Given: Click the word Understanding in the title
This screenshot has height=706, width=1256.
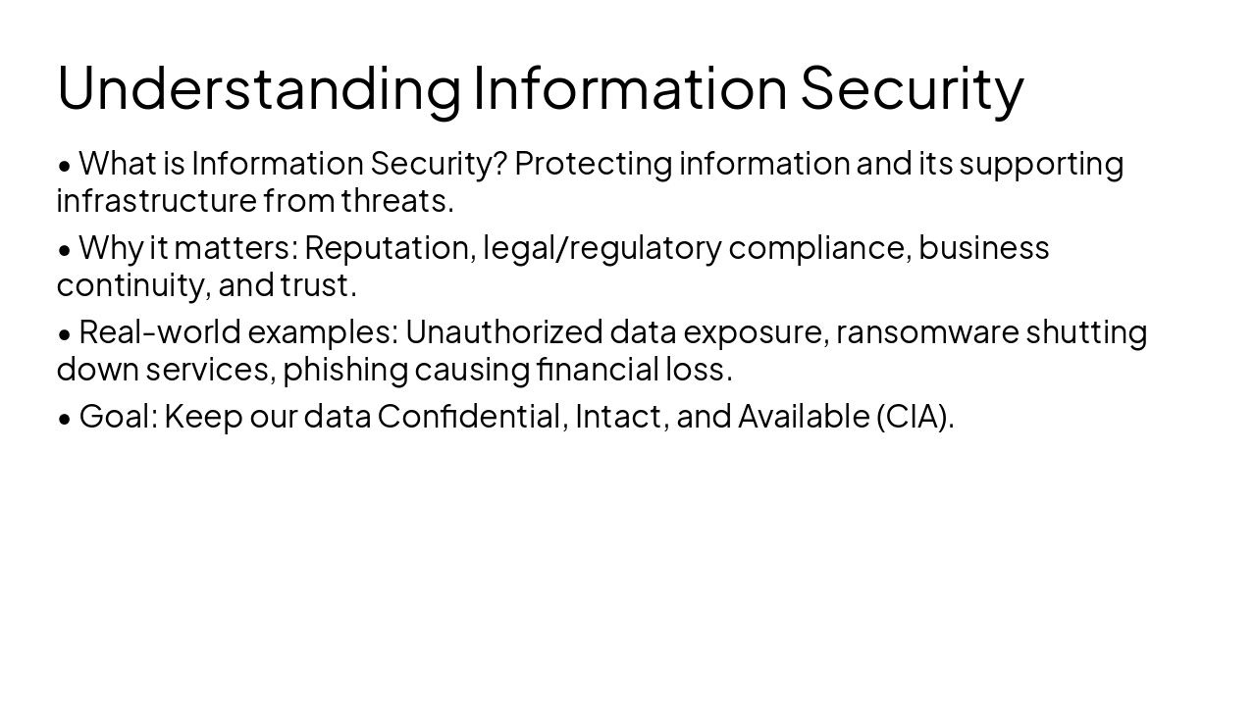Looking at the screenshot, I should pos(258,88).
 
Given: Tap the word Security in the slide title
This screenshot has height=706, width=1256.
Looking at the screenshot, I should pos(912,88).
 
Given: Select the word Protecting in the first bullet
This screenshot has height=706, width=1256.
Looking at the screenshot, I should pos(594,164).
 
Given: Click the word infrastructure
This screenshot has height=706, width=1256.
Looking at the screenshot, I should pos(157,201).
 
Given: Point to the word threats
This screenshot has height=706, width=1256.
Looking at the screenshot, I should pos(396,201).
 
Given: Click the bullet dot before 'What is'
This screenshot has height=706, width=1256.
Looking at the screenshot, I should pos(65,165).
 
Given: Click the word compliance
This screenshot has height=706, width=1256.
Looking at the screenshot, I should pos(819,248).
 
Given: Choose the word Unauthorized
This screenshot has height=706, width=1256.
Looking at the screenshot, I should pos(503,332).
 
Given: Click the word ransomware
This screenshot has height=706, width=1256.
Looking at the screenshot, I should pos(927,333).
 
